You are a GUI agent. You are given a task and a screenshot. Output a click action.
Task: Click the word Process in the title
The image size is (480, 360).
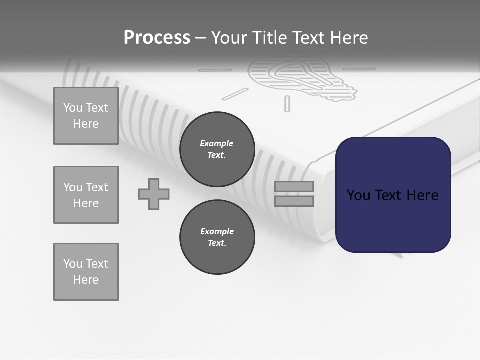(157, 38)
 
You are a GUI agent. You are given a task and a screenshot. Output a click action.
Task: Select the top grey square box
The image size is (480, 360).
(86, 116)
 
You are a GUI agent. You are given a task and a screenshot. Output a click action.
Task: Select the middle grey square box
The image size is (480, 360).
(86, 195)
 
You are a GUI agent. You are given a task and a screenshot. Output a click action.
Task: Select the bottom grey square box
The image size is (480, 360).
(86, 272)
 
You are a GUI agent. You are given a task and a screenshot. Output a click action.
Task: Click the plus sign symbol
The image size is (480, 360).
(154, 194)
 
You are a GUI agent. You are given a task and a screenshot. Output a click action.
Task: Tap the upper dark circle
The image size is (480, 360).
(217, 149)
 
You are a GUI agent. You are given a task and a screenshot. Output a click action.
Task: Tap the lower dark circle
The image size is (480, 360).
(217, 237)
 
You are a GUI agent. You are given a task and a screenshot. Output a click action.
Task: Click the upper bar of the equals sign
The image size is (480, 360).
(294, 186)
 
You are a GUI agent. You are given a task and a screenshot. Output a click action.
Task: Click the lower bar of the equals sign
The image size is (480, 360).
(294, 201)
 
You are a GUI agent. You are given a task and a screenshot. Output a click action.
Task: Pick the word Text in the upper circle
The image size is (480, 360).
(217, 155)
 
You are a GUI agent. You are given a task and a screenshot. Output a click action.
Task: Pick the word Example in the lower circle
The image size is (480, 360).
(217, 231)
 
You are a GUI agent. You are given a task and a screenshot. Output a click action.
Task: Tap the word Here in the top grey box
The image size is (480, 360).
(86, 124)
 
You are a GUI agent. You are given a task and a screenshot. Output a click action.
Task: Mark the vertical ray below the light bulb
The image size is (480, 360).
(287, 103)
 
